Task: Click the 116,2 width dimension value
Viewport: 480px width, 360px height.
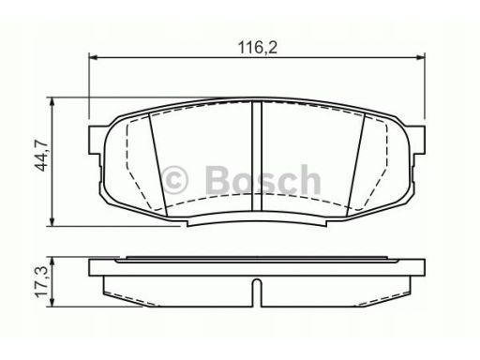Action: pyautogui.click(x=258, y=48)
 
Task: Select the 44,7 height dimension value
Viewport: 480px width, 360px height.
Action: pyautogui.click(x=41, y=156)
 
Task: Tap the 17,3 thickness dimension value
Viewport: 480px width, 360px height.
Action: pyautogui.click(x=41, y=282)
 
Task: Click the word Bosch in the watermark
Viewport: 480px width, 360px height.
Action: pyautogui.click(x=263, y=180)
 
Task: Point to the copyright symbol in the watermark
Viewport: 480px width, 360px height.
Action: pyautogui.click(x=175, y=180)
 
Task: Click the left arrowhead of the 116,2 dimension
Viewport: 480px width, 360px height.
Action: pyautogui.click(x=93, y=57)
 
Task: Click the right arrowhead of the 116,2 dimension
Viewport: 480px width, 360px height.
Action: pyautogui.click(x=421, y=57)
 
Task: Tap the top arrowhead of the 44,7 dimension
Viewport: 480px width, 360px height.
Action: pyautogui.click(x=52, y=102)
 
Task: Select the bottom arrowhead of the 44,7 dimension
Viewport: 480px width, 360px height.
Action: pyautogui.click(x=52, y=221)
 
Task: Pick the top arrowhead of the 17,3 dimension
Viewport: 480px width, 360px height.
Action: pyautogui.click(x=52, y=262)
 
